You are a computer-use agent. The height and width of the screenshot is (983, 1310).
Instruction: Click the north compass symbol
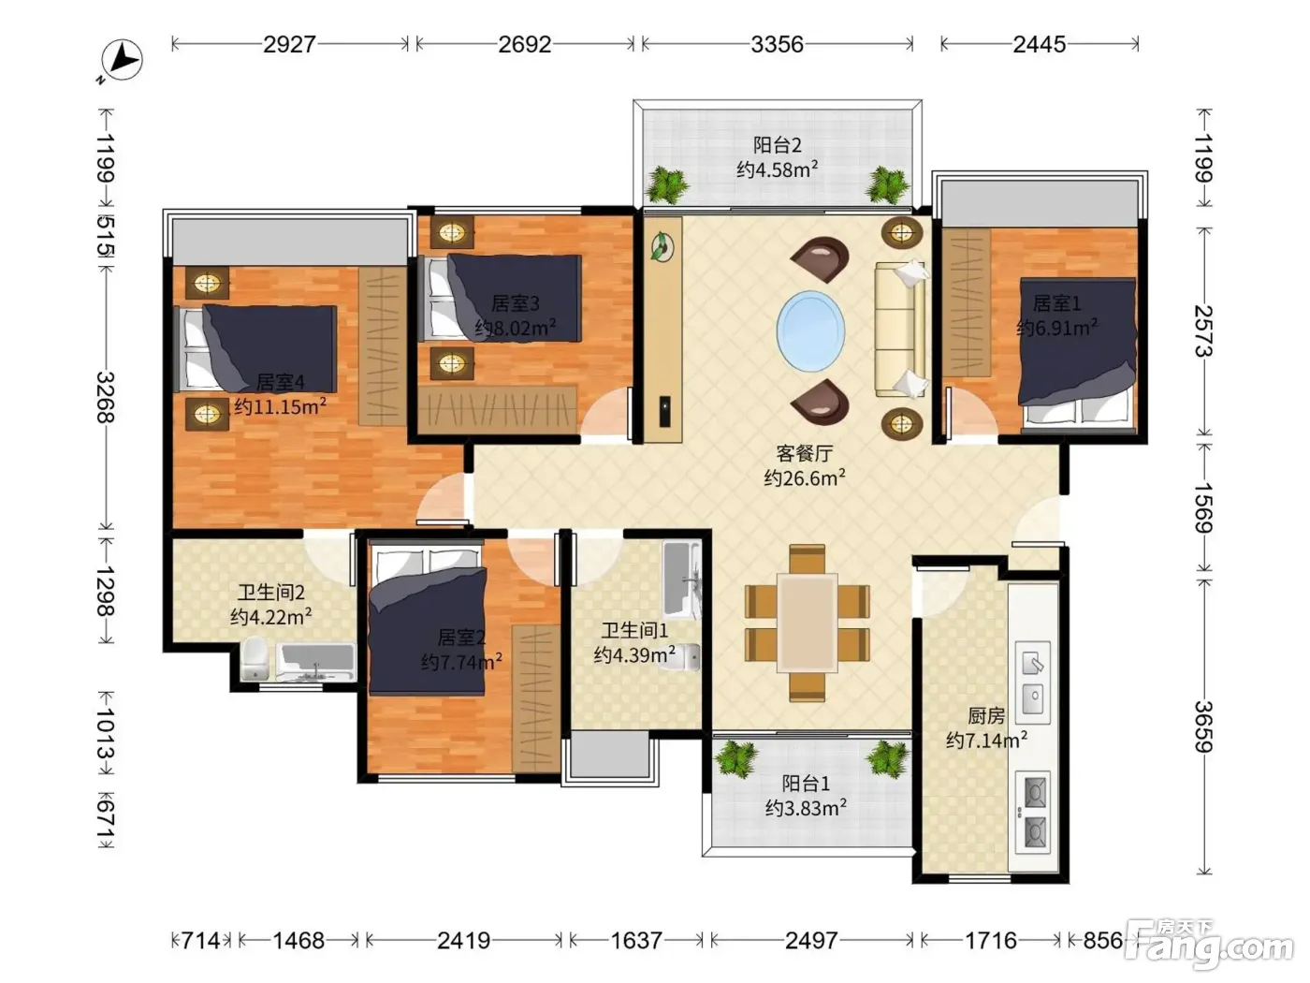pyautogui.click(x=122, y=60)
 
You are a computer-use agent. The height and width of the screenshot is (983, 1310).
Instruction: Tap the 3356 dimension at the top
pyautogui.click(x=777, y=44)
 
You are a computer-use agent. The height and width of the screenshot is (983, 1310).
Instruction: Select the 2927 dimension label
pyautogui.click(x=289, y=44)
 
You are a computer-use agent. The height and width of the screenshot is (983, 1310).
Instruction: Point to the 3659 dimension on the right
pyautogui.click(x=1203, y=726)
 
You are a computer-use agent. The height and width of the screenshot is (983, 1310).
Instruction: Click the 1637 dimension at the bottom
pyautogui.click(x=636, y=941)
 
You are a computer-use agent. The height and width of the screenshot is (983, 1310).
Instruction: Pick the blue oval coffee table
pyautogui.click(x=810, y=331)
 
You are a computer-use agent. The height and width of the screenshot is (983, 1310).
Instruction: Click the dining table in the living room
pyautogui.click(x=807, y=623)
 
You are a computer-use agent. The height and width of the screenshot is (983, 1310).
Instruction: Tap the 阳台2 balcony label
pyautogui.click(x=777, y=145)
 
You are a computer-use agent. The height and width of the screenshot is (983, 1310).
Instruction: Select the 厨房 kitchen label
pyautogui.click(x=986, y=715)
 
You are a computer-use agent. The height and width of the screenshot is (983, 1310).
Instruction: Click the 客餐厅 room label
pyautogui.click(x=804, y=454)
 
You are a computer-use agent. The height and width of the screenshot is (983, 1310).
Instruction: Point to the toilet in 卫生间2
pyautogui.click(x=255, y=659)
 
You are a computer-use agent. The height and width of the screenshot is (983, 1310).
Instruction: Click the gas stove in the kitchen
pyautogui.click(x=1033, y=812)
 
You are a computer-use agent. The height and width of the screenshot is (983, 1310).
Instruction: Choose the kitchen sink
pyautogui.click(x=1033, y=678)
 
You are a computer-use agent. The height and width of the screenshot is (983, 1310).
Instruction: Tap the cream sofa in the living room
pyautogui.click(x=900, y=330)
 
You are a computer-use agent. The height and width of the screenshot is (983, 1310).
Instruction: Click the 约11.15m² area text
pyautogui.click(x=280, y=406)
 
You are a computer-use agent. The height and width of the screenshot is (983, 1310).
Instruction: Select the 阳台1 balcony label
pyautogui.click(x=806, y=783)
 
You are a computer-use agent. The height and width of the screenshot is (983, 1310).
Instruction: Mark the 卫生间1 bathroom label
pyautogui.click(x=634, y=630)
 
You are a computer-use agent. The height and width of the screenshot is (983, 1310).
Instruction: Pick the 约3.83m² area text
pyautogui.click(x=806, y=808)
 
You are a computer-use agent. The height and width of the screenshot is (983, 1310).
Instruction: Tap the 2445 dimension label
pyautogui.click(x=1039, y=44)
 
